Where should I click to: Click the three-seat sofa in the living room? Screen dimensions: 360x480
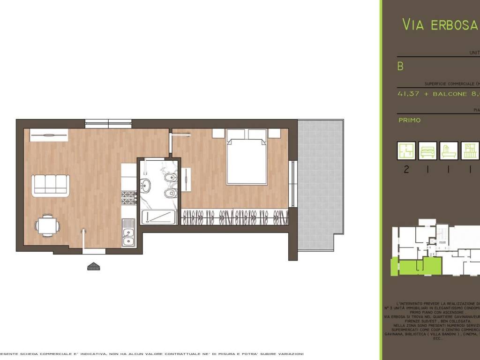click(50, 185)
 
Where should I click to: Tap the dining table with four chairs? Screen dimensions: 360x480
click(47, 226)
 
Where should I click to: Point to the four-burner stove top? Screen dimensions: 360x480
click(128, 198)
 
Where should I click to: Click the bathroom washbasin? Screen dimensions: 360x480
click(146, 186)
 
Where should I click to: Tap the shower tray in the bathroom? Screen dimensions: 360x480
click(158, 217)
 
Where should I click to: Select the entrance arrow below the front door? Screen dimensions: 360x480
click(94, 266)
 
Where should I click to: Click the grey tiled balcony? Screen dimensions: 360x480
click(321, 185)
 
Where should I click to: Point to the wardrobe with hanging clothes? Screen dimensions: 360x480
click(234, 217)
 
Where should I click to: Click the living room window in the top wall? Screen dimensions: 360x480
click(109, 124)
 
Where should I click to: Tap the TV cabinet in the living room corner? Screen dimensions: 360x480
click(49, 135)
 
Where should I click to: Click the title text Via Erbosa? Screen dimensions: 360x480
click(440, 25)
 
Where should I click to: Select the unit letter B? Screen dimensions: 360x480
click(400, 67)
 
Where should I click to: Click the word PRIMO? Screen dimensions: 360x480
click(409, 120)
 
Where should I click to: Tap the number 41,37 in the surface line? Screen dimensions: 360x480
click(408, 94)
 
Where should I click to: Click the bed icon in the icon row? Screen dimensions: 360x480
click(427, 151)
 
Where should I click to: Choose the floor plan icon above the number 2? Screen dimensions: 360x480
click(406, 151)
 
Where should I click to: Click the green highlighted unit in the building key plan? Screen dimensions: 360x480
click(416, 266)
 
